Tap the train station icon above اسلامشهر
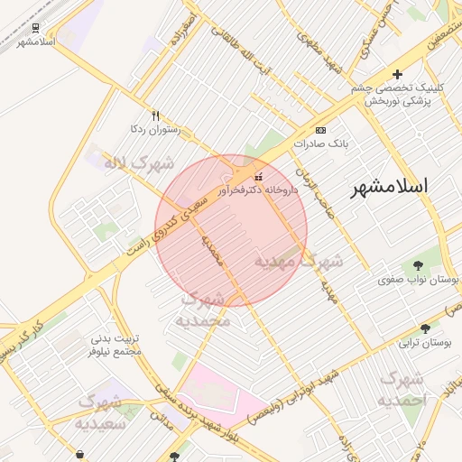pos(35,28)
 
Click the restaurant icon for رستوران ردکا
pos(155,115)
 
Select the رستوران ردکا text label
pos(156,130)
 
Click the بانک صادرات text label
pos(321,143)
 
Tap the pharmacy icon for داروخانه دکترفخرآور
pos(260,176)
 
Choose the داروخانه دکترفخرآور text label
pos(258,190)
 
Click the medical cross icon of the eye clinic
pos(397,74)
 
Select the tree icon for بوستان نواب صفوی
pos(418,265)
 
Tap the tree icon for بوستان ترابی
pos(425,329)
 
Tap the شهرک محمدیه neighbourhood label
pos(206,310)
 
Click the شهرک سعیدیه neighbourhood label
pos(106,411)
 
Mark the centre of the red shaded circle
pos(231,231)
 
